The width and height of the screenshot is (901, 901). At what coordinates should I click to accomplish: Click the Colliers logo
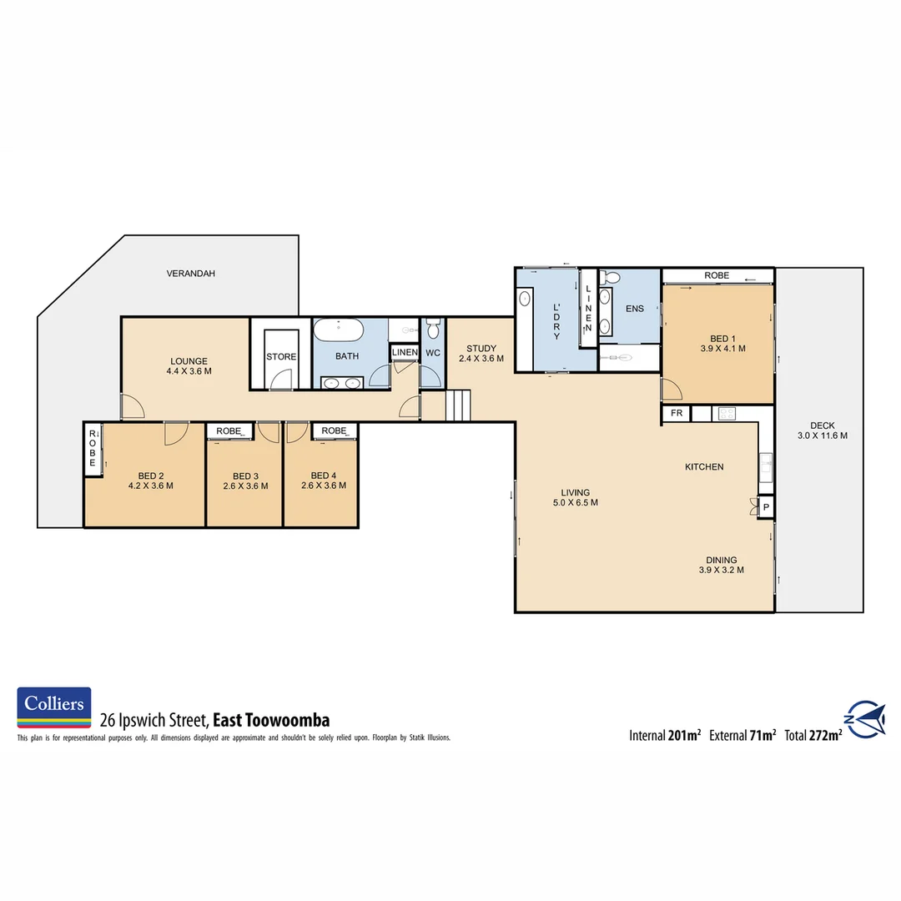click(x=54, y=706)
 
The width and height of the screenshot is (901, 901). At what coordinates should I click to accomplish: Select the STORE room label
click(x=281, y=357)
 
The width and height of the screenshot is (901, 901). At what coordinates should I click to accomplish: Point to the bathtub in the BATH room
click(x=339, y=331)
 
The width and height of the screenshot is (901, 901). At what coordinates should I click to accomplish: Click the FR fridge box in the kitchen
click(x=676, y=414)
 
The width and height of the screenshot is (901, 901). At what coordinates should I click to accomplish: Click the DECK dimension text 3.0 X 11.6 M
click(x=823, y=435)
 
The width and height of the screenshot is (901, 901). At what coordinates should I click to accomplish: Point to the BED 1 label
click(x=722, y=338)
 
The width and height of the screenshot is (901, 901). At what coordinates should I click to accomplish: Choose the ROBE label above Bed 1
click(x=717, y=275)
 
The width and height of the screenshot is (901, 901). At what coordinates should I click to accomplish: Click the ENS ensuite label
click(x=635, y=309)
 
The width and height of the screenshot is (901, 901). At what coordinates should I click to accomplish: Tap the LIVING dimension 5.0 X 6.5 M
click(x=576, y=503)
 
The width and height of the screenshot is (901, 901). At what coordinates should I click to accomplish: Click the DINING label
click(x=721, y=561)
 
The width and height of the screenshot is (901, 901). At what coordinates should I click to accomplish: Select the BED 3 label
click(x=246, y=476)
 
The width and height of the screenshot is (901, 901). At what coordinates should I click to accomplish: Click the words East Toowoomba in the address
click(x=272, y=720)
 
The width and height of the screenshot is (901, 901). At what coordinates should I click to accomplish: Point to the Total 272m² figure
click(x=813, y=735)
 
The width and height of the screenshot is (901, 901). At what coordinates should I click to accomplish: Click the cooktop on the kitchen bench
click(x=725, y=413)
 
